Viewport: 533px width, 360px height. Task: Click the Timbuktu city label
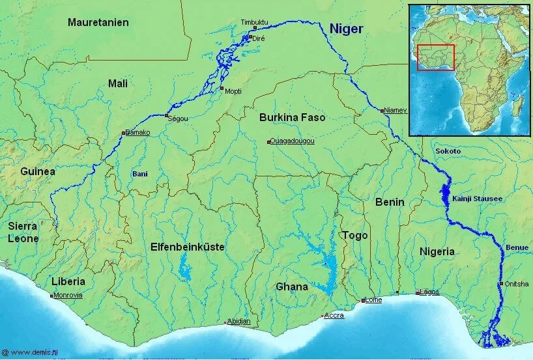pyautogui.click(x=255, y=21)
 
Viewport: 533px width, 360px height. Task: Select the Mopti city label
pyautogui.click(x=233, y=91)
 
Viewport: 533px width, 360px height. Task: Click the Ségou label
pyautogui.click(x=178, y=118)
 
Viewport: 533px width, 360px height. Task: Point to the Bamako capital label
pyautogui.click(x=137, y=133)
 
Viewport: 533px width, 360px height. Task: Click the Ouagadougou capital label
pyautogui.click(x=293, y=141)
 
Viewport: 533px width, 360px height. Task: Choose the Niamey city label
pyautogui.click(x=395, y=110)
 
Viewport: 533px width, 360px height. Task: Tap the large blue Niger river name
pyautogui.click(x=346, y=28)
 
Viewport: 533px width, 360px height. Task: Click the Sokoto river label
pyautogui.click(x=448, y=151)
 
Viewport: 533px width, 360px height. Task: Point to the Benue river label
pyautogui.click(x=517, y=248)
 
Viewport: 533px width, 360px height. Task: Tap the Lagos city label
pyautogui.click(x=429, y=292)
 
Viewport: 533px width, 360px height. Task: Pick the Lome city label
pyautogui.click(x=374, y=300)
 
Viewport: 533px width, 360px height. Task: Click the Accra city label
pyautogui.click(x=334, y=316)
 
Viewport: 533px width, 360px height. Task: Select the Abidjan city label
pyautogui.click(x=238, y=322)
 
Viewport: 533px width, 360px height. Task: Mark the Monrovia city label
pyautogui.click(x=68, y=295)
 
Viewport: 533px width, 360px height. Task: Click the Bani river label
pyautogui.click(x=140, y=174)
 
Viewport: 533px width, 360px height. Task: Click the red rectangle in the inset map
pyautogui.click(x=436, y=57)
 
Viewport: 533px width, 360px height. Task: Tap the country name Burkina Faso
pyautogui.click(x=292, y=118)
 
